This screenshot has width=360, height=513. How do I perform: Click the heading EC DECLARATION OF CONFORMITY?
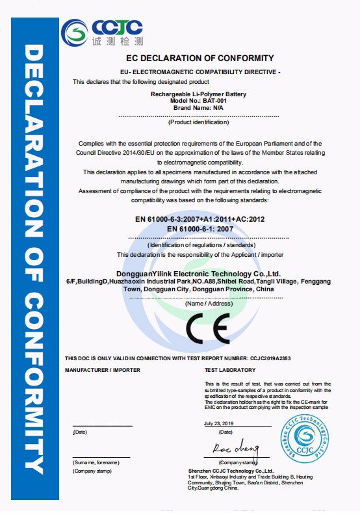(x=191, y=59)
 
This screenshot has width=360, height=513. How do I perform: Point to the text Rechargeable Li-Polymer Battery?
(x=190, y=95)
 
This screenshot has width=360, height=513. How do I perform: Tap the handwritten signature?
(x=236, y=449)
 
